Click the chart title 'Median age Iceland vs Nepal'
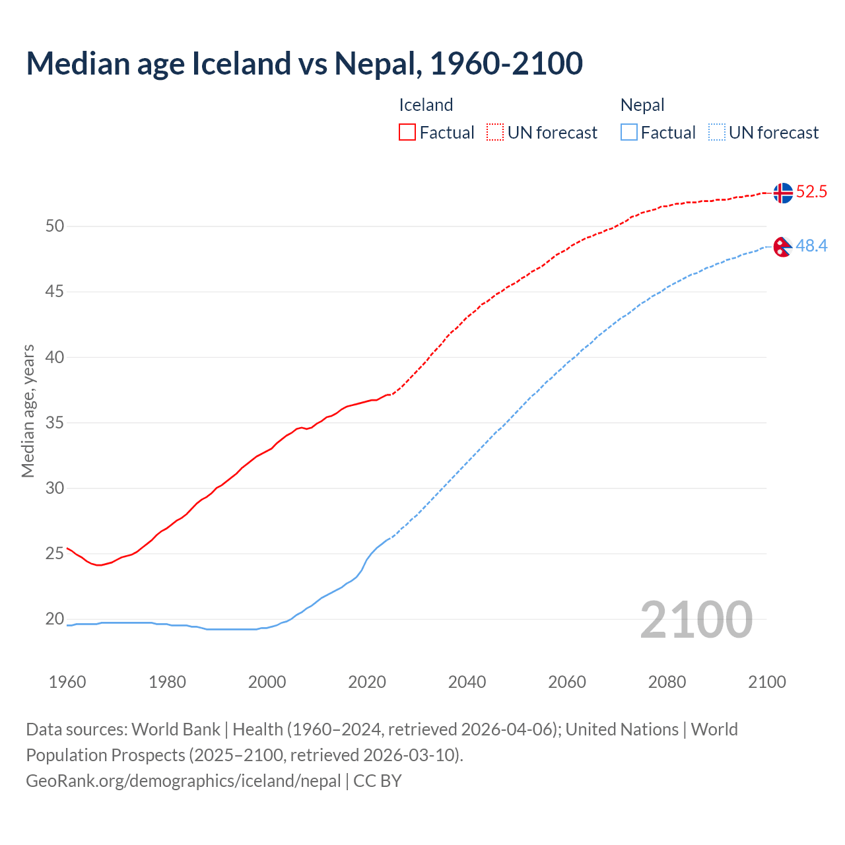(304, 63)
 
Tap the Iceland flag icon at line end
(782, 193)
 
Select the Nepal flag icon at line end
(782, 247)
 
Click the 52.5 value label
(811, 192)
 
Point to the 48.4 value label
(811, 246)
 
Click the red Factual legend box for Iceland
(407, 133)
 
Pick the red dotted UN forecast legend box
(495, 133)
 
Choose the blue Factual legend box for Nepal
(629, 133)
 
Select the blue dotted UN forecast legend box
(717, 133)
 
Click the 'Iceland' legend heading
(426, 105)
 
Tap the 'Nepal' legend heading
(642, 105)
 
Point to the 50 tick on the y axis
(55, 226)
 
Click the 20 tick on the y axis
(55, 619)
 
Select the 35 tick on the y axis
(55, 422)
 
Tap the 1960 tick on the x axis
(67, 682)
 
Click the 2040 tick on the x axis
(467, 682)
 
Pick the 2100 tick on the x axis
(767, 682)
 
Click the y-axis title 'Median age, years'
(28, 411)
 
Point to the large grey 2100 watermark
(696, 619)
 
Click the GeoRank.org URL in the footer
(183, 781)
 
